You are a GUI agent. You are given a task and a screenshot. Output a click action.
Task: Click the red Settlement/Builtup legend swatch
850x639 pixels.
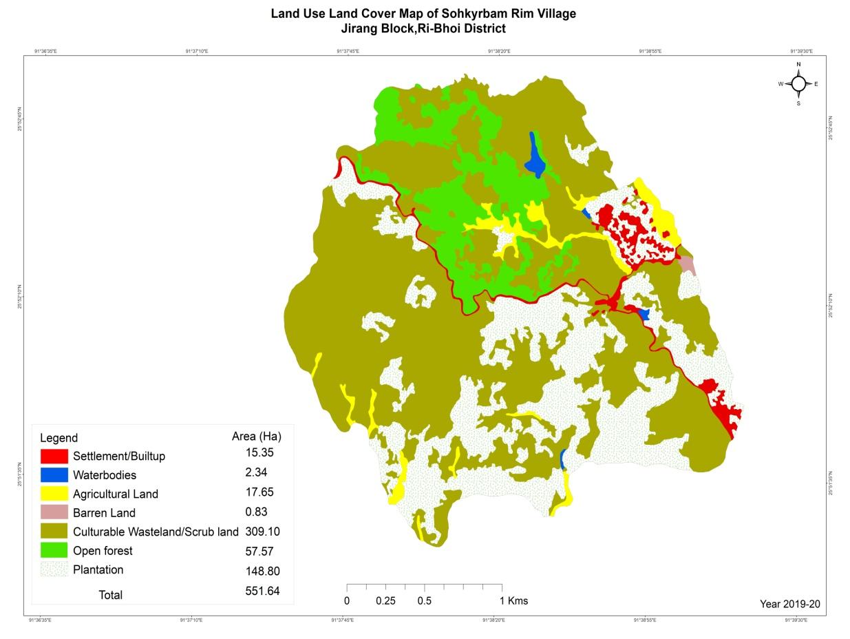(x=54, y=456)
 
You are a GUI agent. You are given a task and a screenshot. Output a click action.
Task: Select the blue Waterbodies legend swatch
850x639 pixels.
(x=54, y=475)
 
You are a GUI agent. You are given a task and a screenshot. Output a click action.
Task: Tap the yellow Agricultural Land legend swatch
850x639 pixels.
(x=54, y=494)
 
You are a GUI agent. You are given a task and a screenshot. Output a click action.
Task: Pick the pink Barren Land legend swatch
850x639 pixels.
(x=54, y=512)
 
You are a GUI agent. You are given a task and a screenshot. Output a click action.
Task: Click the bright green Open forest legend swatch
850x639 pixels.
(x=54, y=550)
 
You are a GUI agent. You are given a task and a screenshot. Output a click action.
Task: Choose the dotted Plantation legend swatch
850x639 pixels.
(x=54, y=569)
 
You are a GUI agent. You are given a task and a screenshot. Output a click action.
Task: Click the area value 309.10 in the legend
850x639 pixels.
(x=262, y=532)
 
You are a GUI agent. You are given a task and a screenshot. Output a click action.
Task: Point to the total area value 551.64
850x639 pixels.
(x=262, y=591)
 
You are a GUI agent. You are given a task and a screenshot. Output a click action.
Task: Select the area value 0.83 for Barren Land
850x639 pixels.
(x=256, y=512)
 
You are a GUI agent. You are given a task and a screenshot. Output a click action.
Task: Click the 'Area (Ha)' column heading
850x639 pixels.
(x=256, y=436)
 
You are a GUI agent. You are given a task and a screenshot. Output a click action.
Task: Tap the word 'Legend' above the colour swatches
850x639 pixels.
(x=59, y=438)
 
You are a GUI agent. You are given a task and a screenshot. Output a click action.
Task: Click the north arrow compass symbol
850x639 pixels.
(x=798, y=84)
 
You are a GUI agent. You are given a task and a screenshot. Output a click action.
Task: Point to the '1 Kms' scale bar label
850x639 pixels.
(x=513, y=600)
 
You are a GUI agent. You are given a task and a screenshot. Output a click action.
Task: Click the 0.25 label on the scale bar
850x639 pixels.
(x=385, y=600)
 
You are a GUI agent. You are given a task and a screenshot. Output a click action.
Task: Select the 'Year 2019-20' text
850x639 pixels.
(x=789, y=604)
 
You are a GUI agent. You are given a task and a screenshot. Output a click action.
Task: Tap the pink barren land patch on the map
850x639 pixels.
(x=687, y=265)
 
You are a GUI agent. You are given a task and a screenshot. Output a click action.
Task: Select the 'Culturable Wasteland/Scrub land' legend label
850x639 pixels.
(x=156, y=532)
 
